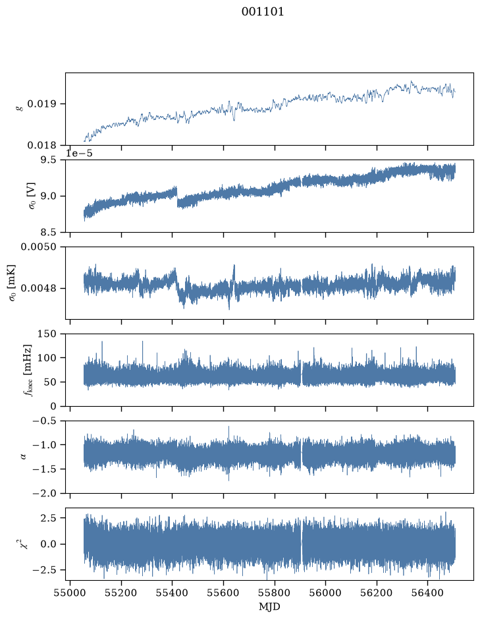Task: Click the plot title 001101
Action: (x=263, y=12)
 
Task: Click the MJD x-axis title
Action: (x=269, y=606)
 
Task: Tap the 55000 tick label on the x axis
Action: (x=70, y=593)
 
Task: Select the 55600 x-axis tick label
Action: (x=223, y=593)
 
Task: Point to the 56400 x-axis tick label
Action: (x=428, y=593)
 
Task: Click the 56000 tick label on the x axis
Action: (x=326, y=593)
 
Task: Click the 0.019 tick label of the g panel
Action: (x=41, y=103)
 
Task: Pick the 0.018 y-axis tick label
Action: (x=41, y=145)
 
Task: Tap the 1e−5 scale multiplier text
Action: (x=79, y=153)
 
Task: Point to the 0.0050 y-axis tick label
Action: (x=39, y=247)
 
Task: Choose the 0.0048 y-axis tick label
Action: (x=39, y=288)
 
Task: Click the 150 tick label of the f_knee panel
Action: (x=47, y=334)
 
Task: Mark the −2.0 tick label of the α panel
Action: (x=45, y=494)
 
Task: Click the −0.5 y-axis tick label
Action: (x=45, y=421)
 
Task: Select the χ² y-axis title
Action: (x=24, y=544)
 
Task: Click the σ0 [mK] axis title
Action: (x=12, y=283)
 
